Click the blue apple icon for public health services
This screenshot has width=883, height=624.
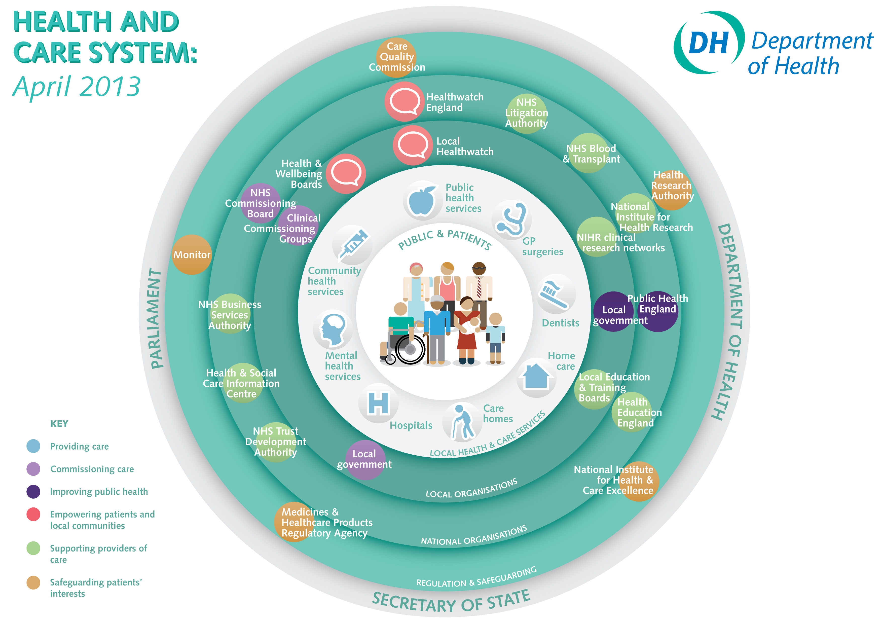coord(422,200)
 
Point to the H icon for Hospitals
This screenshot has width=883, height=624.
coord(378,403)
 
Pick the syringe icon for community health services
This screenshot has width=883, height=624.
coord(353,244)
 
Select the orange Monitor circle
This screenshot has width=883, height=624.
coord(192,254)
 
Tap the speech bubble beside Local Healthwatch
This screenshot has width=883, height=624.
coord(413,145)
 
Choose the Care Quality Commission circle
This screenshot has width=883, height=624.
coord(396,57)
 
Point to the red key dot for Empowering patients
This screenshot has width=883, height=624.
coord(33,514)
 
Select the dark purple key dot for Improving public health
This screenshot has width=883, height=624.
coord(33,491)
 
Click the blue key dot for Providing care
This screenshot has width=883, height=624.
coord(33,446)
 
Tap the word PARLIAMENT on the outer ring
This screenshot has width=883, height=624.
coord(156,318)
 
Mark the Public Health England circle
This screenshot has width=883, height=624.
coord(658,311)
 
